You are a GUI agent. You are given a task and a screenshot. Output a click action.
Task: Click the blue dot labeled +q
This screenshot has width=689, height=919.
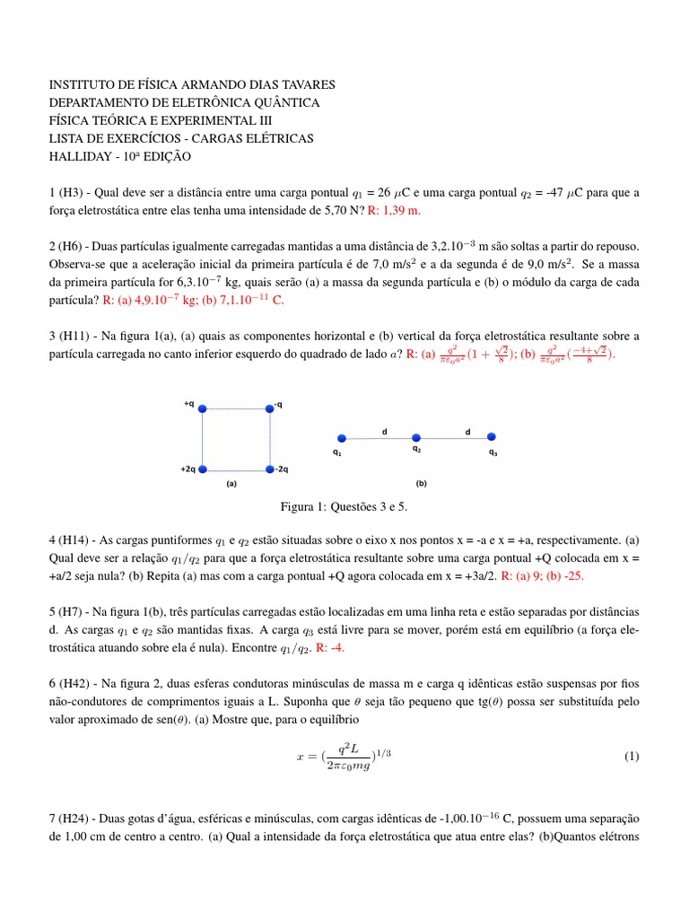[x=203, y=408]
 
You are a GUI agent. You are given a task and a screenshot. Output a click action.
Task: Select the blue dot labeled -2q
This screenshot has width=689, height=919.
[x=269, y=469]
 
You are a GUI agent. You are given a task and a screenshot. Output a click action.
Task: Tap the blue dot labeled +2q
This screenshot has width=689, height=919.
[x=203, y=469]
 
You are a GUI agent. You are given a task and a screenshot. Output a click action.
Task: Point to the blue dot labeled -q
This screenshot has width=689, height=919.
[x=269, y=408]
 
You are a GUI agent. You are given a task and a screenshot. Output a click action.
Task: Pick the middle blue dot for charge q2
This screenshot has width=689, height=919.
[x=415, y=438]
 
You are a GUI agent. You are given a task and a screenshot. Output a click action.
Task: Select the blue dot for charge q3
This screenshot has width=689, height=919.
[x=492, y=438]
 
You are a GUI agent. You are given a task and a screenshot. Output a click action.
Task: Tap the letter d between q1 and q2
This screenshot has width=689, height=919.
[x=384, y=431]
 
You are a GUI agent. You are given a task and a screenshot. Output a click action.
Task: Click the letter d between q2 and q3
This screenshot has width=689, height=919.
[x=467, y=431]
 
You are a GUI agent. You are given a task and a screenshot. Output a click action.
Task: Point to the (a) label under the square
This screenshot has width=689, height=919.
[x=231, y=482]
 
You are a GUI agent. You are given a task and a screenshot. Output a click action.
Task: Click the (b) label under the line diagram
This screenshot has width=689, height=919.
[x=421, y=483]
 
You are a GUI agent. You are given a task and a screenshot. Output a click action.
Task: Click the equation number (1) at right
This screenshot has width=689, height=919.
[x=631, y=756]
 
